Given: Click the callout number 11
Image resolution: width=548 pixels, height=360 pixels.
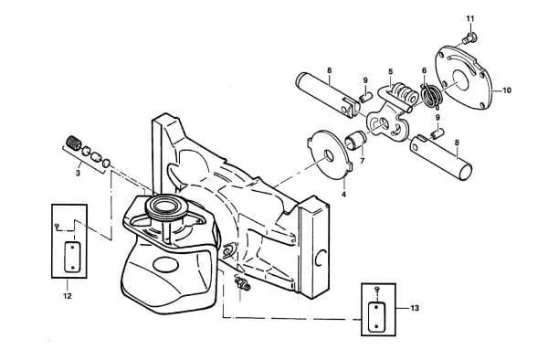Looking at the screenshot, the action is pyautogui.click(x=470, y=18).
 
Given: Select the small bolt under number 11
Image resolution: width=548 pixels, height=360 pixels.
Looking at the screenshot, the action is pyautogui.click(x=469, y=37).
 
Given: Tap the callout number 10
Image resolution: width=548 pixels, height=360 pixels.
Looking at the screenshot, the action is pyautogui.click(x=506, y=90).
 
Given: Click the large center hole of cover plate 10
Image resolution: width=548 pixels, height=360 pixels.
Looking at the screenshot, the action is pyautogui.click(x=460, y=80).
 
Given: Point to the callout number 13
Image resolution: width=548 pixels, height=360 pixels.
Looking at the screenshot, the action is pyautogui.click(x=414, y=308).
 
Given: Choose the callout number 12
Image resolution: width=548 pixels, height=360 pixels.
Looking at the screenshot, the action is pyautogui.click(x=67, y=296).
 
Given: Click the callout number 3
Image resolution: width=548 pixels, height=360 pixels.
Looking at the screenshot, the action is pyautogui.click(x=78, y=173).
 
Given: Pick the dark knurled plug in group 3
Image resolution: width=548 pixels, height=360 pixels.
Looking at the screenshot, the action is pyautogui.click(x=73, y=143).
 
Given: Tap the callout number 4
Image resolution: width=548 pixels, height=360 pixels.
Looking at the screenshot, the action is pyautogui.click(x=344, y=194).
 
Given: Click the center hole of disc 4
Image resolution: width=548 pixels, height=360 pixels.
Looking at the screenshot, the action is pyautogui.click(x=329, y=155).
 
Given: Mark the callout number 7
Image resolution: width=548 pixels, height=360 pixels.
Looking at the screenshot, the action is pyautogui.click(x=362, y=161).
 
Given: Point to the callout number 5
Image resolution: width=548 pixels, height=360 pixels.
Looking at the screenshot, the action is pyautogui.click(x=390, y=71).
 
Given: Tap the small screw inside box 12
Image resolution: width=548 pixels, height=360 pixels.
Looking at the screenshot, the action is pyautogui.click(x=58, y=226).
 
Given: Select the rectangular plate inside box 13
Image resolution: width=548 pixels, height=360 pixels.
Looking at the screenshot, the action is pyautogui.click(x=376, y=316).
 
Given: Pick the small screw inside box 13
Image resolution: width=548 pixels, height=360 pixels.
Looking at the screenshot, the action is pyautogui.click(x=376, y=289).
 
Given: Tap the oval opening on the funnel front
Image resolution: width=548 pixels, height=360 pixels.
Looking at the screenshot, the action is pyautogui.click(x=165, y=264).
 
